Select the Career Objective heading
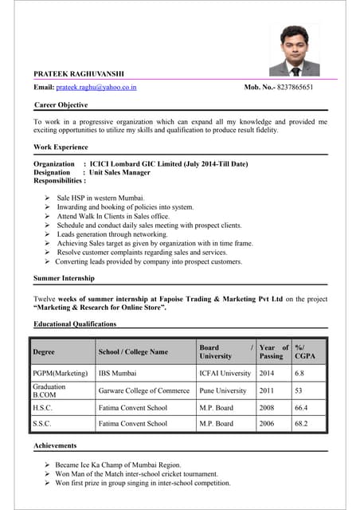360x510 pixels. [61, 104]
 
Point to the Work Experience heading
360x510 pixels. [61, 147]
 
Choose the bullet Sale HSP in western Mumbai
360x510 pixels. [100, 197]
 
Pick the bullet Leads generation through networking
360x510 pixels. [112, 234]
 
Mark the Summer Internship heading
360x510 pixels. [64, 278]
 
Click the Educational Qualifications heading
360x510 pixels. [75, 324]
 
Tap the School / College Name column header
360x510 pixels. [133, 351]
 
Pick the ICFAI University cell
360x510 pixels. [225, 373]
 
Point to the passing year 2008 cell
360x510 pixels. [268, 408]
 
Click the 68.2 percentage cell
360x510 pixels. [301, 424]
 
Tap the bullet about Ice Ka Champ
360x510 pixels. [119, 465]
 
